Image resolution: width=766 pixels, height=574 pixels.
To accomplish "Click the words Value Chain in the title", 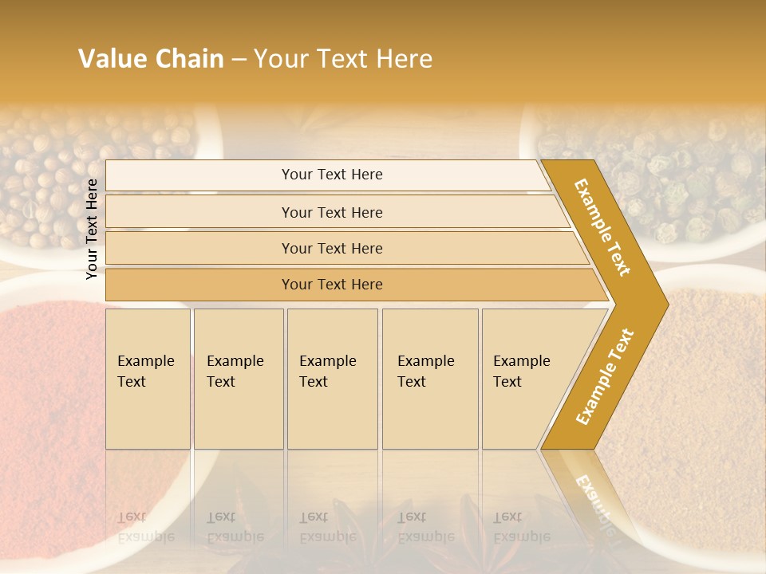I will point(151,59).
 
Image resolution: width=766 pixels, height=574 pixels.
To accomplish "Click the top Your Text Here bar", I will point(331,175).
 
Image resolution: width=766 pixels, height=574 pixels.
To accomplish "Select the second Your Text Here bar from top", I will point(331,212).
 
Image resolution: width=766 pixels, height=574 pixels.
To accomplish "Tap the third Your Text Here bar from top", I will point(331,248).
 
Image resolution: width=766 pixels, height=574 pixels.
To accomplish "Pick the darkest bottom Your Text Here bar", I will point(331,285).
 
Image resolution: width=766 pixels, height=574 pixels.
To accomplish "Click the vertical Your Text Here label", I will point(93,229).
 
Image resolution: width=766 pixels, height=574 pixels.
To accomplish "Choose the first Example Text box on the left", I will point(148,379).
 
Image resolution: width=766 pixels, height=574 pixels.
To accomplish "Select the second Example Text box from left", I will point(238,379).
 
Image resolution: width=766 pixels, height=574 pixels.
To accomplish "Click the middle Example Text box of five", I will point(332,379).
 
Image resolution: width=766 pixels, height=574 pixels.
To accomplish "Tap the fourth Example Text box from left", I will point(430,379).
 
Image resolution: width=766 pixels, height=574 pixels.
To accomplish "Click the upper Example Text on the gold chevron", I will point(602,227).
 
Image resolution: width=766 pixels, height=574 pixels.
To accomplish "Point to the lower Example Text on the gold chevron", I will point(605,376).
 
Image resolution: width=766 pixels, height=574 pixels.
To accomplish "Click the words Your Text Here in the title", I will point(343,59).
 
